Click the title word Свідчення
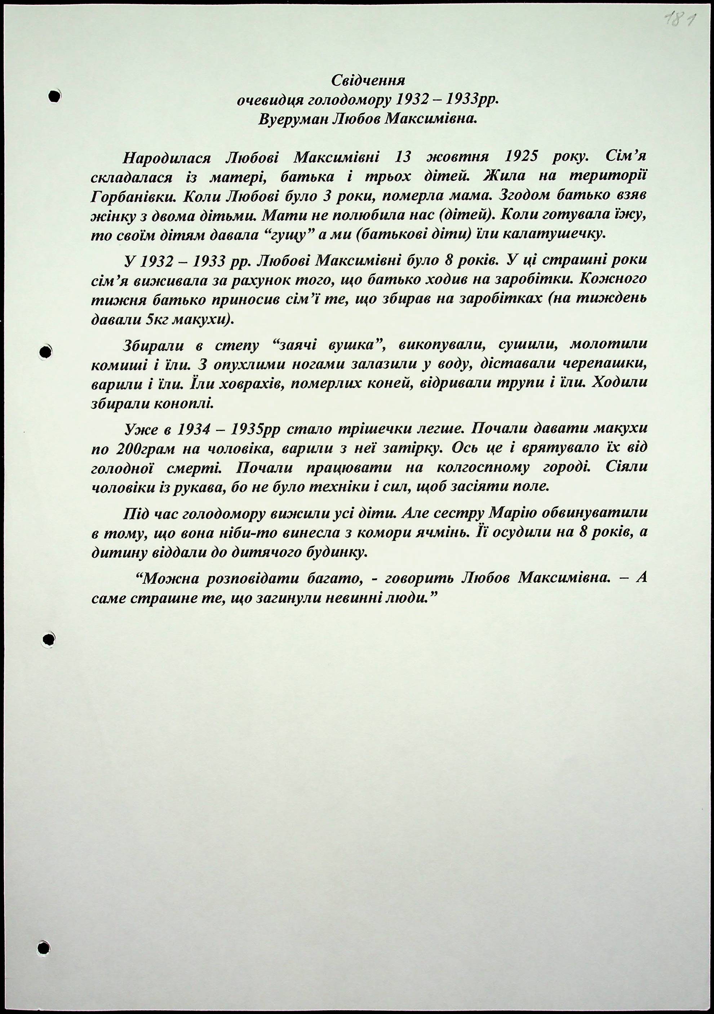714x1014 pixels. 368,80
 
